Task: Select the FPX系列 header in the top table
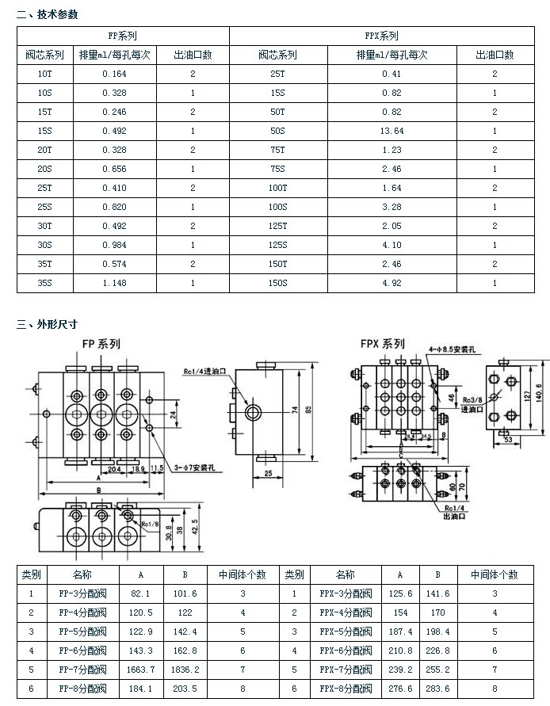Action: [382, 36]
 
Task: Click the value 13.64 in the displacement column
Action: [391, 131]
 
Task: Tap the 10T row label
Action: [44, 74]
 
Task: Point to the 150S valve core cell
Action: [277, 283]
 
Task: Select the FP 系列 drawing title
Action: [101, 344]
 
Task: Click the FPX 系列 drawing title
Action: [382, 344]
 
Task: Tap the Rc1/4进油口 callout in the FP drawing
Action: [205, 370]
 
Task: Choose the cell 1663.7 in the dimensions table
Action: [140, 670]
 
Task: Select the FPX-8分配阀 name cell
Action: [346, 689]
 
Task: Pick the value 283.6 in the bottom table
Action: [437, 689]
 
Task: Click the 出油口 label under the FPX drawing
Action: [456, 516]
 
